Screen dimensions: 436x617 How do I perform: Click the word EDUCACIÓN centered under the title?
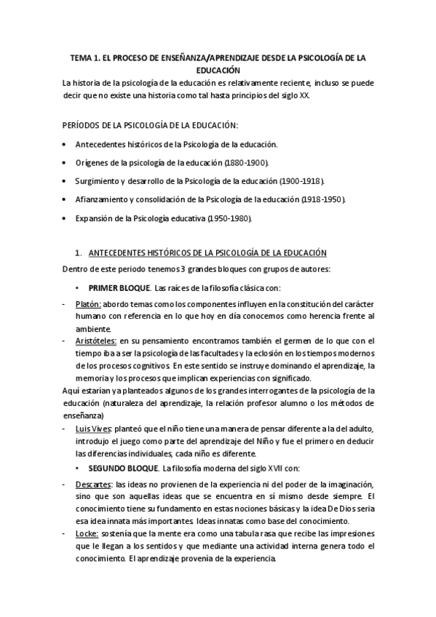[218, 71]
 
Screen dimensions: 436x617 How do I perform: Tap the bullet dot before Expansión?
[66, 218]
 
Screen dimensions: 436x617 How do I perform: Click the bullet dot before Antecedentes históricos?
[66, 143]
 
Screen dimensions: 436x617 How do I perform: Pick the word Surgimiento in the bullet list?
[98, 180]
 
